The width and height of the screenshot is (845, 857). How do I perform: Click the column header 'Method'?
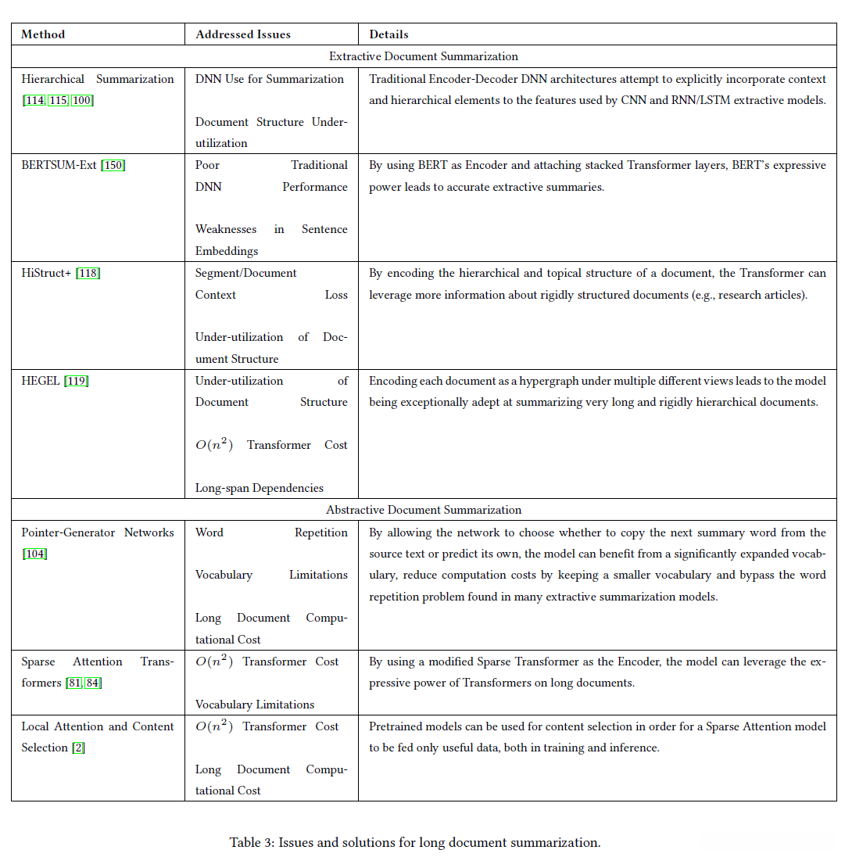tap(43, 34)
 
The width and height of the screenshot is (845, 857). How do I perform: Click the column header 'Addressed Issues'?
tap(243, 34)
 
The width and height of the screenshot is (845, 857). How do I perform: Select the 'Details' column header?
tap(388, 34)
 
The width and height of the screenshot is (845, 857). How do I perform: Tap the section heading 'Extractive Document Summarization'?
tap(424, 56)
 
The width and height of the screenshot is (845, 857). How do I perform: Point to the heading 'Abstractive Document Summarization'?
tap(424, 510)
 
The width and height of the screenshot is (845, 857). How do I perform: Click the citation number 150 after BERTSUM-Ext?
tap(113, 165)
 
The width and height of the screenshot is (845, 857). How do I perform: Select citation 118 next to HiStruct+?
tap(88, 273)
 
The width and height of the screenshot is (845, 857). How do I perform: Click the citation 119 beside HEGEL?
tap(77, 381)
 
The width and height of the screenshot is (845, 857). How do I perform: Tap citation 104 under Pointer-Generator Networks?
tap(35, 554)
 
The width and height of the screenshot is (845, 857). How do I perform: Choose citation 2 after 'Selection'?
tap(78, 748)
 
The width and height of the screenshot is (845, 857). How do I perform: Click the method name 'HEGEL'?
tap(41, 381)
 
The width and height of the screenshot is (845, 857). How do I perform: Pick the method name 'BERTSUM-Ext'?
tap(59, 165)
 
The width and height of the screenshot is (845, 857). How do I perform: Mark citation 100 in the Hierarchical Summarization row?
tap(82, 100)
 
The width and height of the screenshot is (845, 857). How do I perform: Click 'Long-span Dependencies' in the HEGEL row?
tap(260, 488)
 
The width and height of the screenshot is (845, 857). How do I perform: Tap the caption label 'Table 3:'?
tap(250, 842)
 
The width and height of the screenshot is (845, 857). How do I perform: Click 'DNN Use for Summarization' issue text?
tap(270, 79)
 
